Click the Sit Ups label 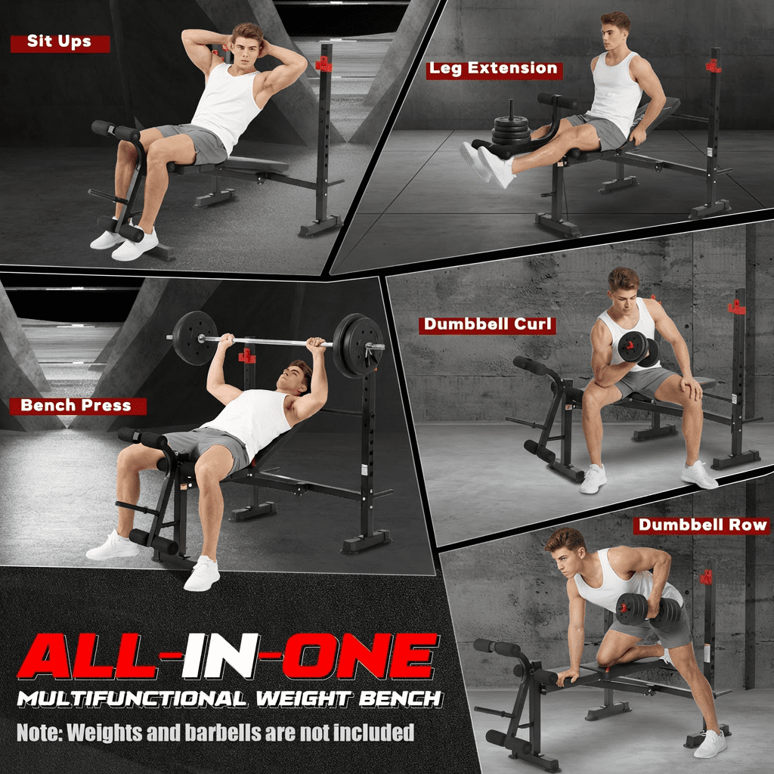coord(60,42)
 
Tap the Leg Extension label coord(494,69)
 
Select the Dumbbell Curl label coord(488,325)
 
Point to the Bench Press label coord(77,406)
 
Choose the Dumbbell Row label coord(702,525)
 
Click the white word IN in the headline coord(221,656)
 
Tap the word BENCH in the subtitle coord(401,698)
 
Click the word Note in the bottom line coord(39,732)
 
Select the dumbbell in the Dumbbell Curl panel coord(638,348)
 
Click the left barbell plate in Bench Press coord(194,338)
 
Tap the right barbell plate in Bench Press coord(357,345)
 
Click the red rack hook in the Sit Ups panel coord(324,64)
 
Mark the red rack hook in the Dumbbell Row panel coord(707,577)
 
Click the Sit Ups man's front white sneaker coord(135,245)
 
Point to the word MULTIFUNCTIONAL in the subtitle coord(132,698)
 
